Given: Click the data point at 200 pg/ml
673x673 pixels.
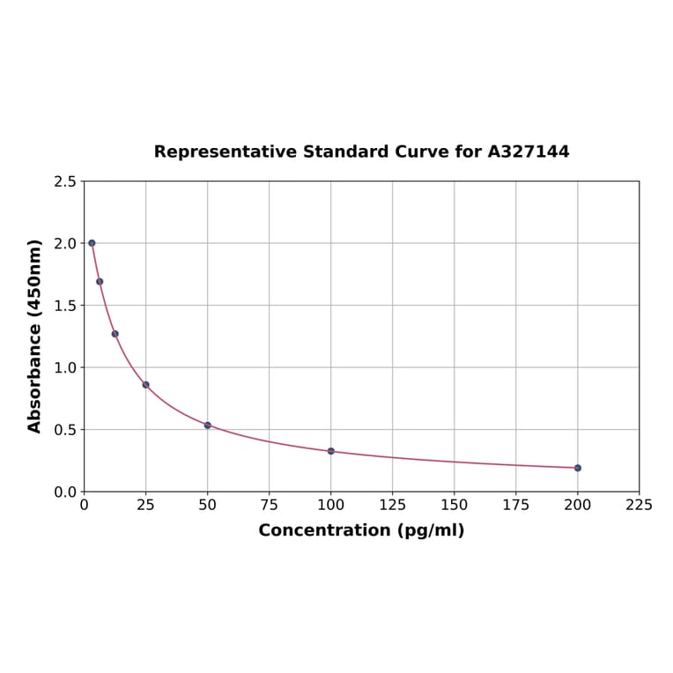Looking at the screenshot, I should tap(578, 468).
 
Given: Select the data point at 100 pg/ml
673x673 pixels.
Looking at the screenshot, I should tap(331, 451).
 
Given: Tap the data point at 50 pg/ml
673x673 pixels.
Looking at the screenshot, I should tap(208, 425).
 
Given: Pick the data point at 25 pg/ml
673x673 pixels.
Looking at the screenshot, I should tap(146, 385).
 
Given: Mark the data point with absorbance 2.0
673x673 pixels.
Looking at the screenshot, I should tap(92, 243).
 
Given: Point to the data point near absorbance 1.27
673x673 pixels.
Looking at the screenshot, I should tap(115, 334).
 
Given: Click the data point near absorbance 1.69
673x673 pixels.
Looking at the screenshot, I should tap(100, 282).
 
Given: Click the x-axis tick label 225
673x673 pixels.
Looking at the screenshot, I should tap(640, 506).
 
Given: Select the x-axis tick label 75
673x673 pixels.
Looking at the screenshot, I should tap(270, 506).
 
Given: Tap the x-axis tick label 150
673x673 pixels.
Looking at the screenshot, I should tap(455, 506).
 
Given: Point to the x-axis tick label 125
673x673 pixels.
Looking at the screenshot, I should tap(393, 506).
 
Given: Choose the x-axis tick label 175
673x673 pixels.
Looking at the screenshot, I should tap(516, 506).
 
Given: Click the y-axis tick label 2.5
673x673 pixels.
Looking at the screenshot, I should tap(65, 181).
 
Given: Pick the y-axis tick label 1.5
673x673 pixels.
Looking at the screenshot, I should tap(65, 306).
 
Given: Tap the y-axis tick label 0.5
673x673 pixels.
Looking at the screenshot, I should tap(65, 430).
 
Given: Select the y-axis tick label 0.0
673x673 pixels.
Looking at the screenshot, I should tap(65, 492).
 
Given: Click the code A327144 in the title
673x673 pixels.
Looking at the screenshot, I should tap(529, 152).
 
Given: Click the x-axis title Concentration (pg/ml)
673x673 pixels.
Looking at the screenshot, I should tap(361, 530).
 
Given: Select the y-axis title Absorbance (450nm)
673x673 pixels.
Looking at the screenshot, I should tap(35, 336).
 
